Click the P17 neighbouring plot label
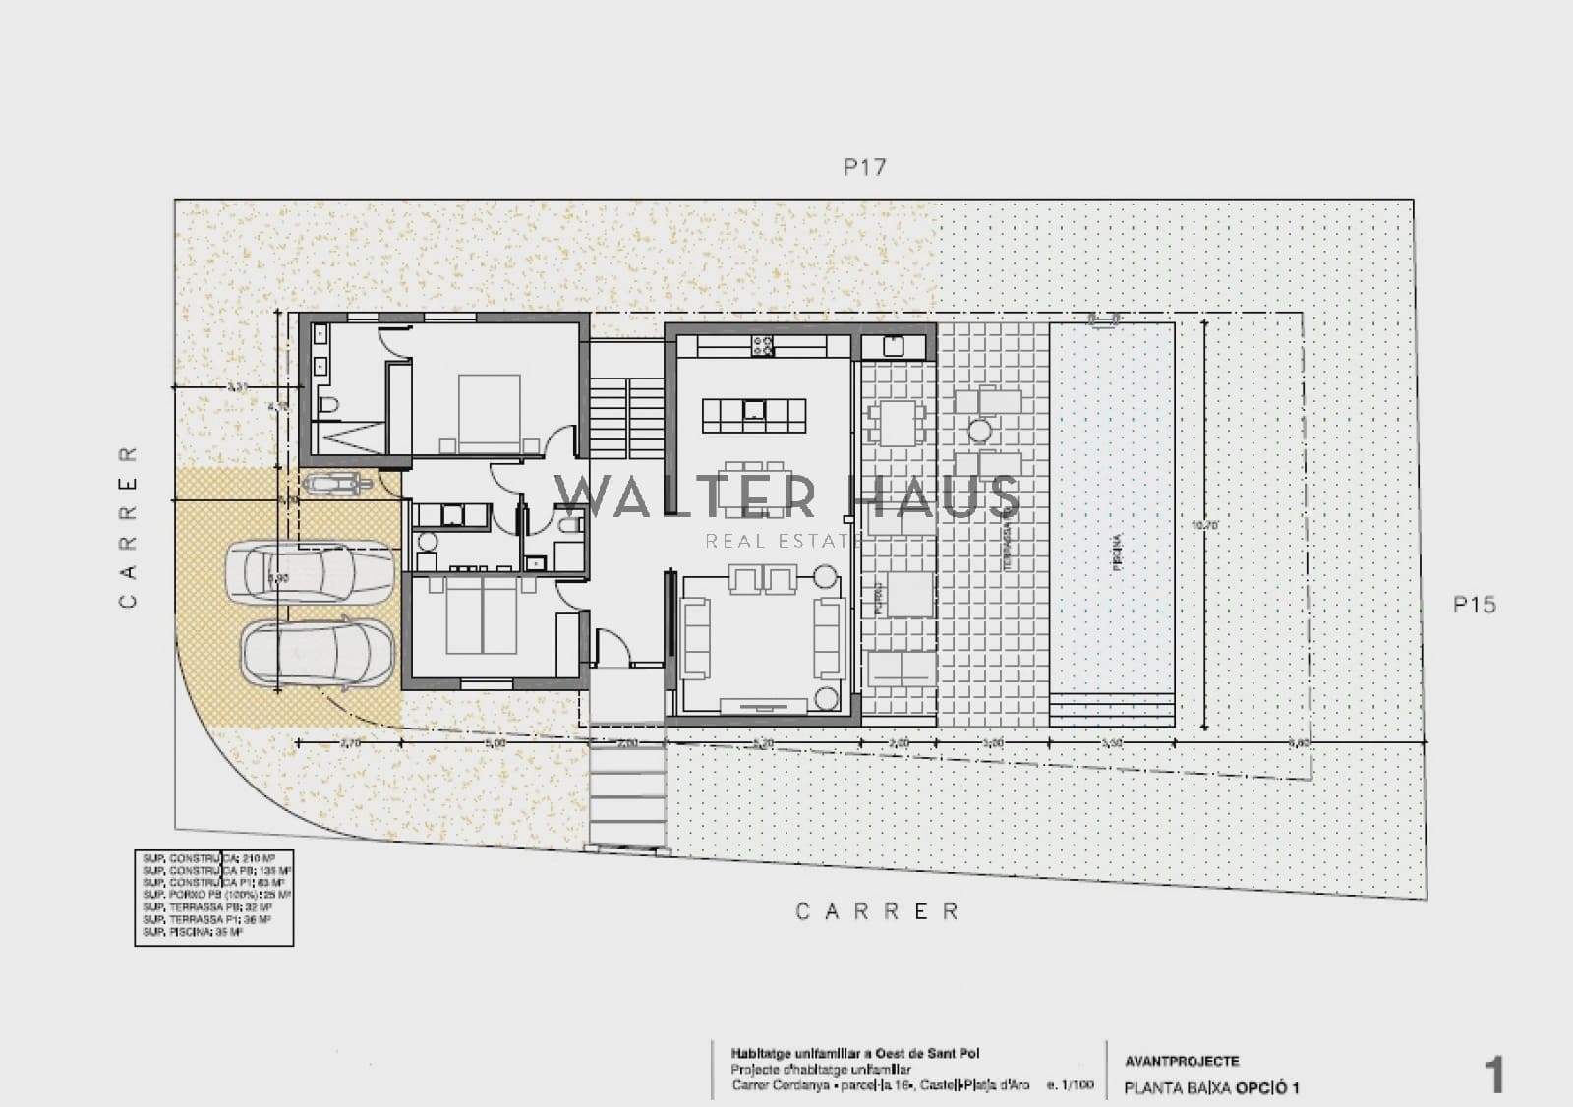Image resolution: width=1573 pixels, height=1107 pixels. pyautogui.click(x=864, y=167)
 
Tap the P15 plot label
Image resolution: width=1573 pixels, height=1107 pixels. pyautogui.click(x=1474, y=605)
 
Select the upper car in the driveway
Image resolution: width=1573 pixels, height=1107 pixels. pyautogui.click(x=309, y=573)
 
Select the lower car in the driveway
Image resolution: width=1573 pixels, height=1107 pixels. pyautogui.click(x=317, y=652)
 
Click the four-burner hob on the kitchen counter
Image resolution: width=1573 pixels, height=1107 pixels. pyautogui.click(x=762, y=346)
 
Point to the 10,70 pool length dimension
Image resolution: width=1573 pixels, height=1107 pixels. pyautogui.click(x=1204, y=525)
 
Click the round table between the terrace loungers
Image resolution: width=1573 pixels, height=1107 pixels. pyautogui.click(x=979, y=430)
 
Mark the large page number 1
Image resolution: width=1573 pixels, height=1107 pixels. pyautogui.click(x=1494, y=1077)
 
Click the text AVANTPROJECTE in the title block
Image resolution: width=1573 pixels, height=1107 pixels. pyautogui.click(x=1182, y=1061)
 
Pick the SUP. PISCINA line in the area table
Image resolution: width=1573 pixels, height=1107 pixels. pyautogui.click(x=193, y=932)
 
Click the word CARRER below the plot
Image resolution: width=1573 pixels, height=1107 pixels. pyautogui.click(x=877, y=912)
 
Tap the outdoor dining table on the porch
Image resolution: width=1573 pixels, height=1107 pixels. pyautogui.click(x=894, y=422)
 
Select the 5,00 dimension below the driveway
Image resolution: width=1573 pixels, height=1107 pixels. pyautogui.click(x=495, y=743)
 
